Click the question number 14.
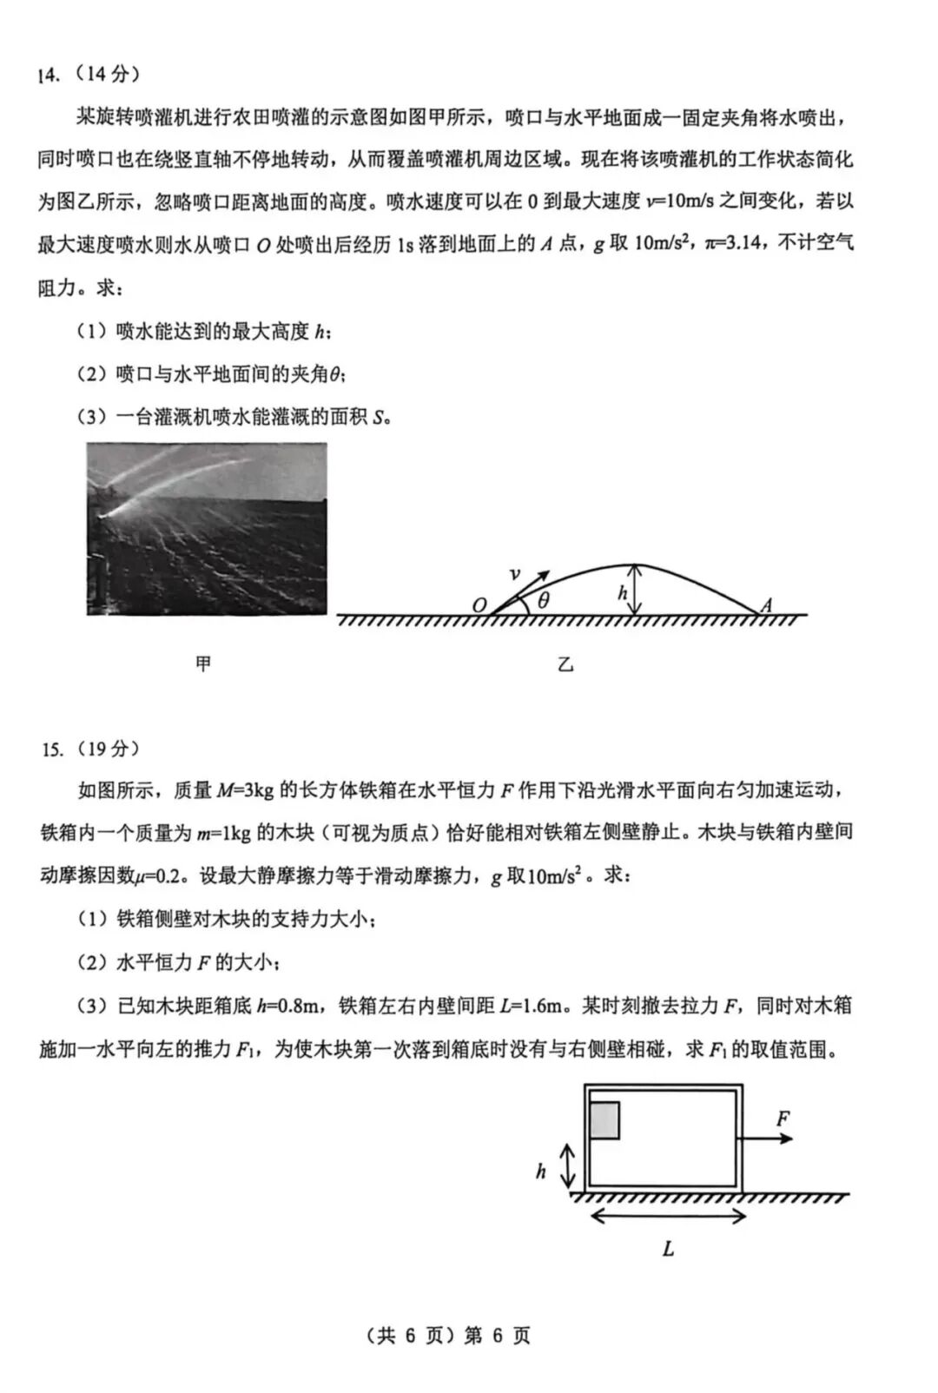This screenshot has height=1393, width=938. (x=50, y=75)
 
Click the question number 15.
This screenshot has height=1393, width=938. (x=51, y=749)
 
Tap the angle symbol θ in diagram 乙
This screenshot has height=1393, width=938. (x=543, y=599)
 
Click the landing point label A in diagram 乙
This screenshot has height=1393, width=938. (x=766, y=604)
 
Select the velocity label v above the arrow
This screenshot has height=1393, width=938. (x=514, y=574)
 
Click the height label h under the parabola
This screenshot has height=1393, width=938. (x=622, y=592)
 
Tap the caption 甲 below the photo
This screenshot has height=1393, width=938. (x=203, y=664)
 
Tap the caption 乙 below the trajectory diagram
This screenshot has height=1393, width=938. (x=565, y=666)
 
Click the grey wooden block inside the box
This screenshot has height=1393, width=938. (x=604, y=1120)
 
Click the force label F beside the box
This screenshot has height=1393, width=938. (x=783, y=1119)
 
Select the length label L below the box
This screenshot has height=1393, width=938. (x=668, y=1249)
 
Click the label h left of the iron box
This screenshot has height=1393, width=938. (x=541, y=1172)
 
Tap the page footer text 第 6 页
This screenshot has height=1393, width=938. (x=498, y=1336)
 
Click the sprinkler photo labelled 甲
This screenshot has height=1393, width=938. (x=207, y=528)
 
